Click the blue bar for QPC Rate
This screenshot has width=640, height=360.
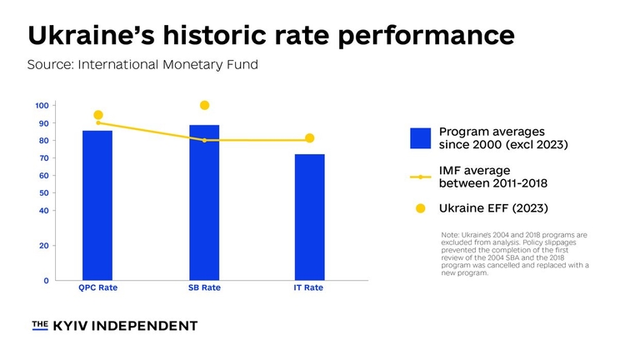pos(97,205)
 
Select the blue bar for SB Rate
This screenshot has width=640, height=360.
pos(204,202)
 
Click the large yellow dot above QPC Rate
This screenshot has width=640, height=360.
pos(98,115)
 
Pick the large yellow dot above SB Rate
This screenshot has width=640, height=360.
pos(204,105)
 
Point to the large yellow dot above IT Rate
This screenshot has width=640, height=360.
pos(309,138)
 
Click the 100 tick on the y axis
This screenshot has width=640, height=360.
pos(41,105)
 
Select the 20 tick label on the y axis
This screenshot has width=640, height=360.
pos(42,246)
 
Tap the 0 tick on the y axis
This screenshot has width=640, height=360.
pos(45,281)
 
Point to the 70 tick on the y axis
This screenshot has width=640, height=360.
pos(42,157)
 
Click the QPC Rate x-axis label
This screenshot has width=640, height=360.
pos(97,288)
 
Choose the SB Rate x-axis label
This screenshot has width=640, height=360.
pos(204,288)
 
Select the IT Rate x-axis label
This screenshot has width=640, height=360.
pos(309,288)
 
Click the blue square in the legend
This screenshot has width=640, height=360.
pos(421,138)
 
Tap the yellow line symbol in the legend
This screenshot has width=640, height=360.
pos(421,177)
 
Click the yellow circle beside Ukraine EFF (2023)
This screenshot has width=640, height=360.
pos(421,208)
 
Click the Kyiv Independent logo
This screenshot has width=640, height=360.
pos(114,325)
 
